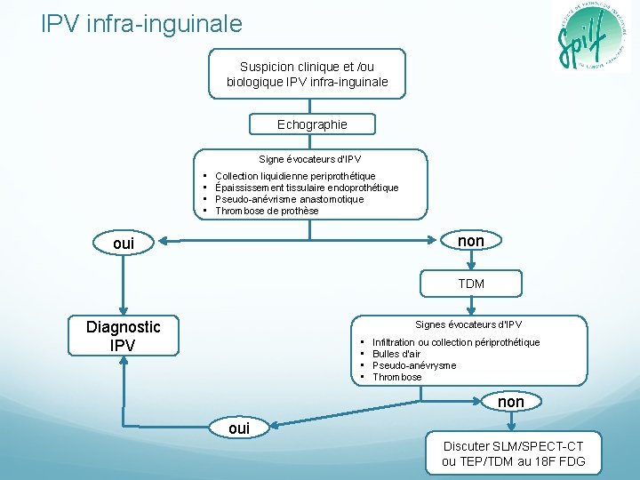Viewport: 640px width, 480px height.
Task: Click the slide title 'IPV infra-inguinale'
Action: (x=141, y=23)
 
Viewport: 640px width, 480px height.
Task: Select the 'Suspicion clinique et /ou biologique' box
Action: (x=308, y=74)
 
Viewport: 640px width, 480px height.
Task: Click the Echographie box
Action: (x=312, y=124)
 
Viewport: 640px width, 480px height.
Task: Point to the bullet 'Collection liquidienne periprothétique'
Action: (x=295, y=176)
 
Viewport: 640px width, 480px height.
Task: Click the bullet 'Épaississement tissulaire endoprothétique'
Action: (x=307, y=188)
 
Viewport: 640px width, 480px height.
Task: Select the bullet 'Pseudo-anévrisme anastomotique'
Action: (x=290, y=199)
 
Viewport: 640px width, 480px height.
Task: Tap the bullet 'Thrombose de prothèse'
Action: (x=267, y=211)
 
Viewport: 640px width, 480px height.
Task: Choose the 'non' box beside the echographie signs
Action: (x=471, y=241)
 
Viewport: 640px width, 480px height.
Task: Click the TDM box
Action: (x=471, y=284)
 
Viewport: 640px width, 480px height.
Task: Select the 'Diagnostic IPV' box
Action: (x=124, y=336)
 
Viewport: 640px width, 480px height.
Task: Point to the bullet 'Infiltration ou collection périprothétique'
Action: (x=456, y=342)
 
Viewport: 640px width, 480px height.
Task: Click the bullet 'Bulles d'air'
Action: (x=396, y=354)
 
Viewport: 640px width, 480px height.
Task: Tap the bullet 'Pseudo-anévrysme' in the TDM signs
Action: (x=414, y=365)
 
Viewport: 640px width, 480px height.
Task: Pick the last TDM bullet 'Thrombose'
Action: (x=397, y=377)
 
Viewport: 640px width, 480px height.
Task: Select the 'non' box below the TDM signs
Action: (x=510, y=402)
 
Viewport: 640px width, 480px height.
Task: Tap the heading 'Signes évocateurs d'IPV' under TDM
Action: (x=468, y=324)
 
